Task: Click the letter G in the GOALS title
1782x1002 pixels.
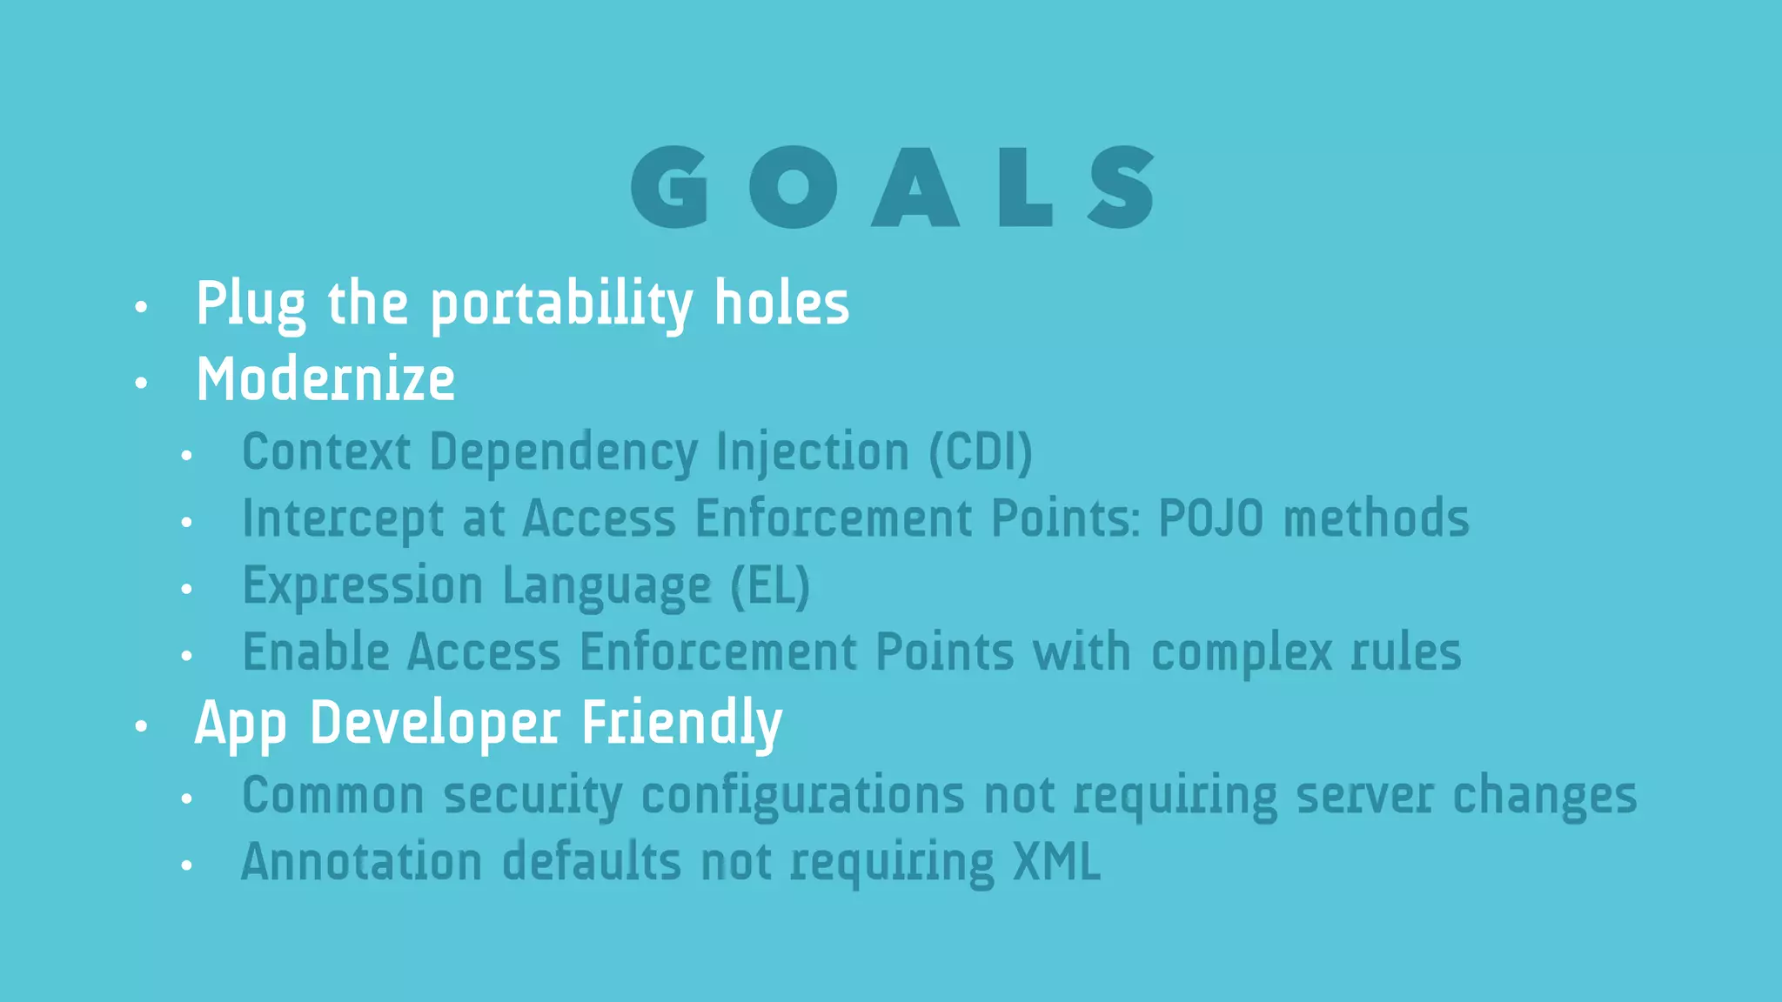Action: [x=670, y=187]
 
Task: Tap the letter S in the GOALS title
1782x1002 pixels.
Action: [x=1122, y=187]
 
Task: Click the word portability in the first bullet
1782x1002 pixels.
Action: [x=561, y=304]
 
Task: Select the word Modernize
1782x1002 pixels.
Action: [x=325, y=380]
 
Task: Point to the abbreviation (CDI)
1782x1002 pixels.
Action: [x=981, y=452]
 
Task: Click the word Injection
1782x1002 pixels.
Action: [x=813, y=452]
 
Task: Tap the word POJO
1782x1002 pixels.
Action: [x=1210, y=518]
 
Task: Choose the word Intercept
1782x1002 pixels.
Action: [x=343, y=520]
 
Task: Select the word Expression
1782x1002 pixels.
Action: [x=362, y=586]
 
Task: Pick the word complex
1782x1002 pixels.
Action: [x=1242, y=653]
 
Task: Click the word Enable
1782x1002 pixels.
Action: [x=316, y=652]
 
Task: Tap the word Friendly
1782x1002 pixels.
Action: [x=681, y=724]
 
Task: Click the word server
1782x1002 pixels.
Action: [x=1364, y=796]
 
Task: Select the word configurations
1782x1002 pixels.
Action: [x=802, y=797]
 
